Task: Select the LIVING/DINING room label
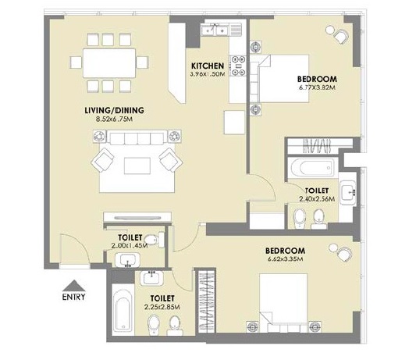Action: pyautogui.click(x=114, y=110)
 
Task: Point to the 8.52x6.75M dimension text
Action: pyautogui.click(x=114, y=119)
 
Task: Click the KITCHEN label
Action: pyautogui.click(x=207, y=66)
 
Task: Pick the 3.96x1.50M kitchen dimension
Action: pyautogui.click(x=207, y=74)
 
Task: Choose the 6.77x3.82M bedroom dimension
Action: pyautogui.click(x=316, y=88)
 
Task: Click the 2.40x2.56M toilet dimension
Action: pyautogui.click(x=317, y=199)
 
